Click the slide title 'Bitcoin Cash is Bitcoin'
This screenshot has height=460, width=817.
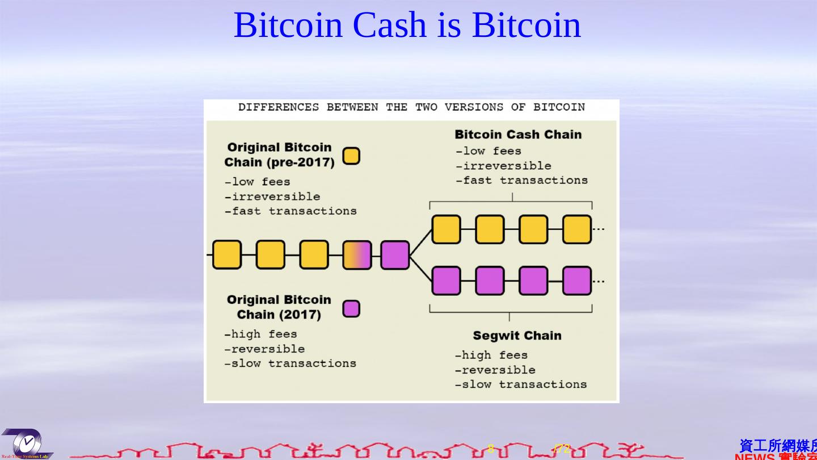click(x=407, y=25)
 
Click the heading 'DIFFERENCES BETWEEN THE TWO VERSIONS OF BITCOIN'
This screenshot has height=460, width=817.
click(x=411, y=107)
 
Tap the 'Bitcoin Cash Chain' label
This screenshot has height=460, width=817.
click(x=518, y=135)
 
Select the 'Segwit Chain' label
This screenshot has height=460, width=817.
click(x=517, y=336)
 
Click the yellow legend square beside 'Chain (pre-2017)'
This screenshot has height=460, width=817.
click(x=351, y=156)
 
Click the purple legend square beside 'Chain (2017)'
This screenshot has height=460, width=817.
click(x=351, y=309)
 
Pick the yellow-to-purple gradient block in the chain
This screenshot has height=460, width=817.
click(x=357, y=255)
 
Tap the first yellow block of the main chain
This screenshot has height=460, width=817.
click(x=227, y=255)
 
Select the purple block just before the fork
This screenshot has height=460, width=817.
click(x=395, y=255)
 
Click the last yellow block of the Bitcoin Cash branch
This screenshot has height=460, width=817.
click(x=577, y=229)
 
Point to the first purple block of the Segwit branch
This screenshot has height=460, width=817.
click(x=446, y=281)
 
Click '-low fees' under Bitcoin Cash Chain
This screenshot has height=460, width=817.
click(x=488, y=151)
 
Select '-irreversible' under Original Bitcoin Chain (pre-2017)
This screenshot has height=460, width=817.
click(x=272, y=196)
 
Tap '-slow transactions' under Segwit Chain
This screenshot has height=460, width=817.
click(x=521, y=384)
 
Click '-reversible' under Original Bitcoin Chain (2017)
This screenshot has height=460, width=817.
click(x=264, y=349)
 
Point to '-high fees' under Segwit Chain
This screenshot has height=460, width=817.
click(x=491, y=356)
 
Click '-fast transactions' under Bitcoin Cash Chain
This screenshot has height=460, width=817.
click(x=521, y=181)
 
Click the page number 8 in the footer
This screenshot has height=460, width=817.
click(x=491, y=449)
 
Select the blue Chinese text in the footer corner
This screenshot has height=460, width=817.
click(x=778, y=446)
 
